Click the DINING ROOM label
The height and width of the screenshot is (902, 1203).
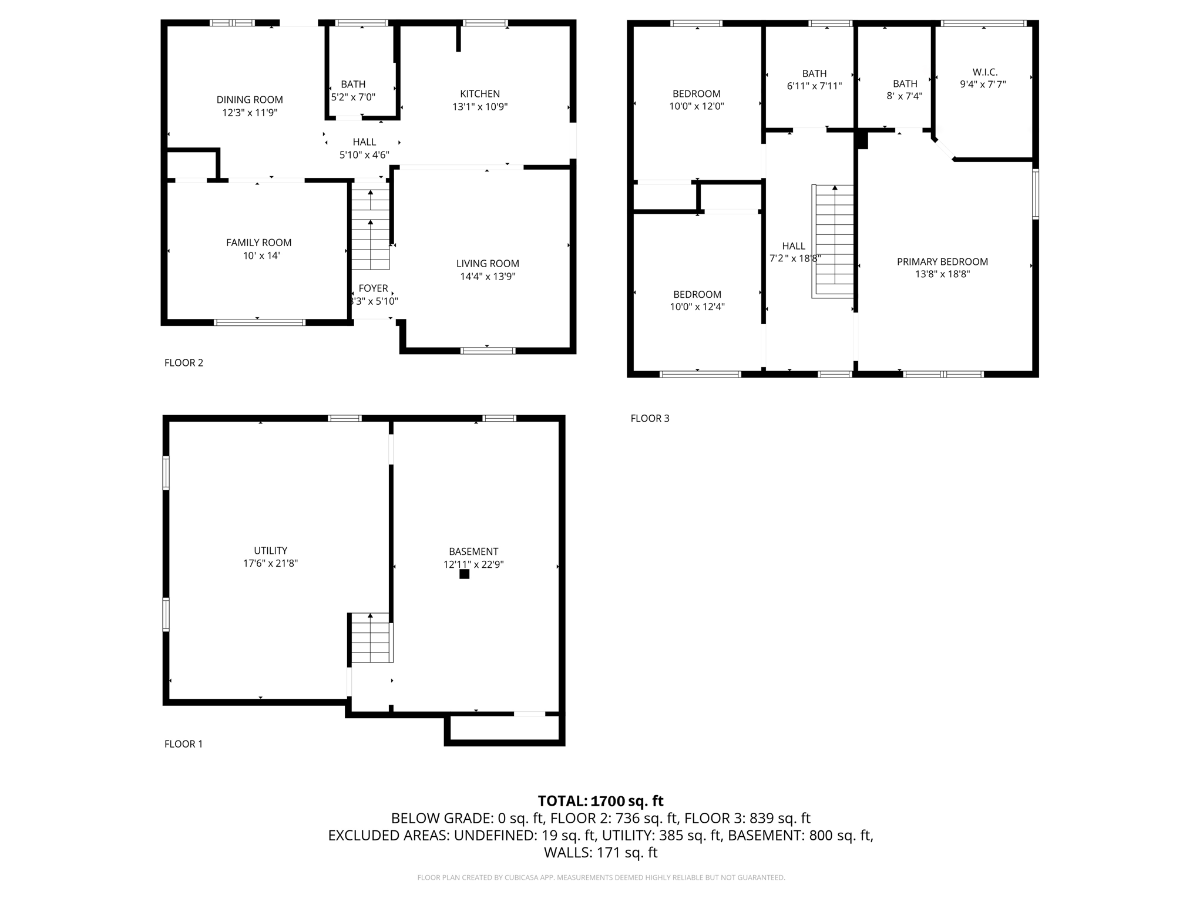(x=250, y=100)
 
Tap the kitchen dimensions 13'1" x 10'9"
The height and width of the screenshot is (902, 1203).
(x=479, y=107)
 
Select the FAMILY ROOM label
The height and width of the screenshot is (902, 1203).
(x=258, y=243)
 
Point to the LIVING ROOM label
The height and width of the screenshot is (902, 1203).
(x=488, y=264)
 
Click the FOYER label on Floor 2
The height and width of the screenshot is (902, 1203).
(x=373, y=288)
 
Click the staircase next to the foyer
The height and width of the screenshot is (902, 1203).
(x=370, y=229)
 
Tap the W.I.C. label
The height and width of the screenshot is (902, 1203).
(x=984, y=72)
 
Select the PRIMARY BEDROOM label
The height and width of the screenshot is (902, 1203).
(x=942, y=262)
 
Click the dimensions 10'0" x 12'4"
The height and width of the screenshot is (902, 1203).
(x=697, y=307)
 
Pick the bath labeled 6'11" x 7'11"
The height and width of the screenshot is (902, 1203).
(x=814, y=80)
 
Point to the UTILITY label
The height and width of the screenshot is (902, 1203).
(x=270, y=551)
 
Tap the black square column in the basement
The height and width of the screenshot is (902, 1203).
(x=464, y=574)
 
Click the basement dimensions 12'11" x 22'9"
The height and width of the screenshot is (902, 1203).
(x=473, y=565)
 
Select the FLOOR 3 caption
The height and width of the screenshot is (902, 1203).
(x=650, y=418)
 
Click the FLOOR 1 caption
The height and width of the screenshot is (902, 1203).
(x=183, y=744)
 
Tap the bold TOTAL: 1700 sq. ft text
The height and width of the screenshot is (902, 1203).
(x=600, y=801)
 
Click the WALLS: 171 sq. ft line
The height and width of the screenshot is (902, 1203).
(x=600, y=853)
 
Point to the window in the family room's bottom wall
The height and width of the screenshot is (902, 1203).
(x=259, y=322)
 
